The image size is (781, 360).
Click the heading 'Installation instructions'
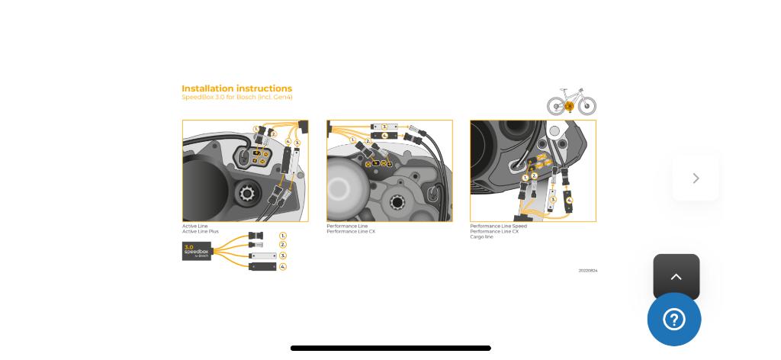click(x=236, y=88)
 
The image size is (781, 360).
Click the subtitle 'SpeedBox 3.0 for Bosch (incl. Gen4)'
click(x=236, y=98)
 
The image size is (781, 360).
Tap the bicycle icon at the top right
click(x=571, y=101)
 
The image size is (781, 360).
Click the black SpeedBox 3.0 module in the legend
click(x=196, y=251)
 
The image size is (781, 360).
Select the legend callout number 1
click(x=283, y=236)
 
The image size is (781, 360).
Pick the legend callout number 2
click(x=283, y=245)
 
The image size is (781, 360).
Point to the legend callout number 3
click(x=283, y=256)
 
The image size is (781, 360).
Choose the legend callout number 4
click(x=283, y=267)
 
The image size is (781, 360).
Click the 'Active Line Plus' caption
click(x=200, y=232)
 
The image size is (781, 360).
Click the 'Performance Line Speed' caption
click(x=498, y=227)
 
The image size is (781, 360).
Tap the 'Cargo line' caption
click(x=481, y=237)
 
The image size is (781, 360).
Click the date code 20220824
click(x=587, y=271)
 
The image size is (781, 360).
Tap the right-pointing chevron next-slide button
click(x=696, y=178)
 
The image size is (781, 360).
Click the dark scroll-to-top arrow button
click(x=677, y=277)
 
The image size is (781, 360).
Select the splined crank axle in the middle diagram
click(x=397, y=203)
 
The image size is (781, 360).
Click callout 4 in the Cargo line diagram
click(x=569, y=201)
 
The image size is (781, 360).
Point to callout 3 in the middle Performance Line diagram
click(x=384, y=127)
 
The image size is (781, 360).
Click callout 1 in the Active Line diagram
click(x=256, y=129)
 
